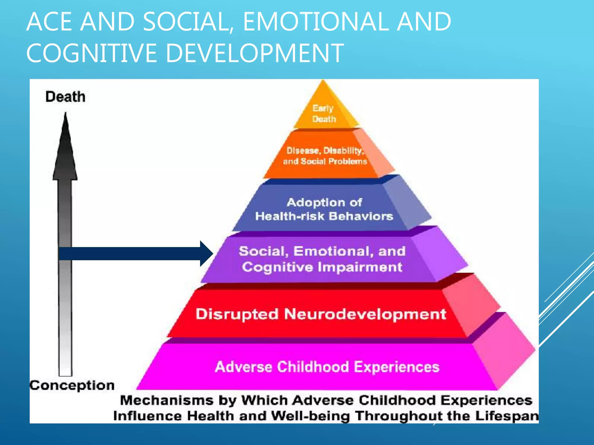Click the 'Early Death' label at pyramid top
point(324,114)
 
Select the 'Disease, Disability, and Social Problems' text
point(325,156)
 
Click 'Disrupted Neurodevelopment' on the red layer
point(320,314)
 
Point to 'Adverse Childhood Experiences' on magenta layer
point(327,367)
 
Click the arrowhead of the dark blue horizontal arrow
point(207,253)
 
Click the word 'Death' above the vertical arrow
point(65,97)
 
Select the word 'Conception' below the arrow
point(72,385)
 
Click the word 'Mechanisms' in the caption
point(166,401)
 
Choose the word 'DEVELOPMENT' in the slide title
point(255,53)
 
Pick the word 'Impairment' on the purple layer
point(360,267)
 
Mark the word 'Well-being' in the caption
point(310,416)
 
